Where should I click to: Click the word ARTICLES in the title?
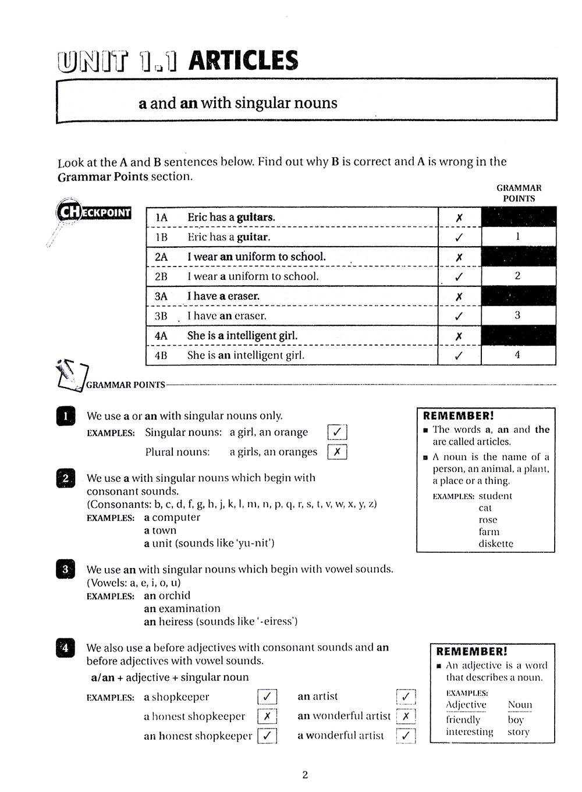click(x=243, y=61)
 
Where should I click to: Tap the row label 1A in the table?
click(x=161, y=218)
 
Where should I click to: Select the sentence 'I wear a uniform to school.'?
click(x=253, y=276)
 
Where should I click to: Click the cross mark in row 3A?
click(x=459, y=297)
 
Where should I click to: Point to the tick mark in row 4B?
click(x=459, y=356)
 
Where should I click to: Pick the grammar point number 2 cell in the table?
click(x=517, y=276)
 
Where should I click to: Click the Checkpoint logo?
click(x=93, y=212)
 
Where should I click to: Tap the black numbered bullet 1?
click(x=66, y=416)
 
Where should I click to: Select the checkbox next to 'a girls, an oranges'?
click(x=337, y=452)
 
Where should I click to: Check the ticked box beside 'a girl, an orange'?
click(x=337, y=432)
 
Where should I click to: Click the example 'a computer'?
click(x=172, y=517)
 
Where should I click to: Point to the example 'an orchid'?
click(x=167, y=595)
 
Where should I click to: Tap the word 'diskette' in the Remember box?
click(x=496, y=544)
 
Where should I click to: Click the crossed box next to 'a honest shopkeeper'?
click(x=267, y=716)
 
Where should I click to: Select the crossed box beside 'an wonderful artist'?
click(x=406, y=716)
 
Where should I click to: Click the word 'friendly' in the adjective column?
click(x=463, y=719)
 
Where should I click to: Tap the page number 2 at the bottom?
click(x=305, y=775)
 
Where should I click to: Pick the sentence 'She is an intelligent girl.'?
click(x=246, y=356)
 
